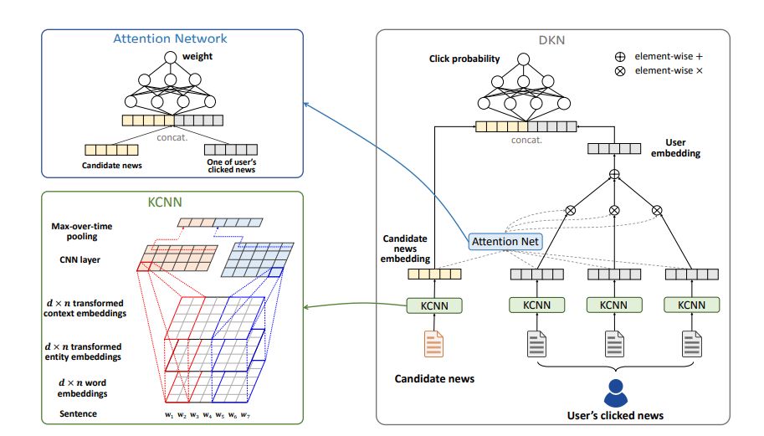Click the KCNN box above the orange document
(433, 305)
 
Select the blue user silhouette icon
(615, 392)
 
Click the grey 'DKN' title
(552, 40)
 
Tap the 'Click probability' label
(464, 59)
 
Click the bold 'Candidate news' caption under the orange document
(434, 379)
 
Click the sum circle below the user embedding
(613, 174)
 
